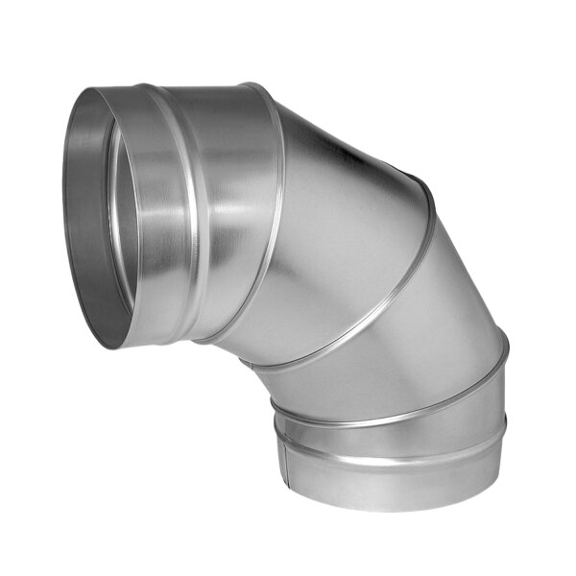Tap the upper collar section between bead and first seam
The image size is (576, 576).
click(235, 192)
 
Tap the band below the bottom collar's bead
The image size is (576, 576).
click(384, 480)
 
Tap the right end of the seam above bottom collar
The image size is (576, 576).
click(505, 348)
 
